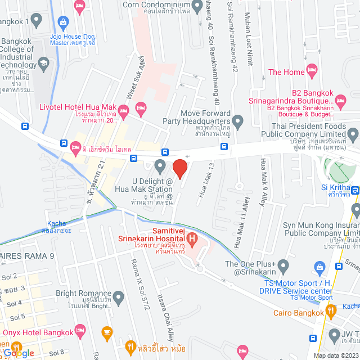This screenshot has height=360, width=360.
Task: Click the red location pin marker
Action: point(179,168)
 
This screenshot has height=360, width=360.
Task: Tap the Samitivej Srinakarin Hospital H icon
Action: point(192,241)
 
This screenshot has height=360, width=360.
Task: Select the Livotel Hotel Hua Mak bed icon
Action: point(141,107)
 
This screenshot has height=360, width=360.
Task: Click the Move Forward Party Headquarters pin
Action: point(238,120)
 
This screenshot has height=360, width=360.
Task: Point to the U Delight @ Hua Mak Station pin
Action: point(160,165)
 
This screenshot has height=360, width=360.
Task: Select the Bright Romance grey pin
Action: point(118,296)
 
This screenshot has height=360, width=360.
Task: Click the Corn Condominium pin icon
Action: point(197,6)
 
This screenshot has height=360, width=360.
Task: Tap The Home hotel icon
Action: point(312,71)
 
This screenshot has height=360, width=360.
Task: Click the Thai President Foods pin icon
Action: point(353,134)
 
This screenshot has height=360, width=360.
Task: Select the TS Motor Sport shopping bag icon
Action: point(319,267)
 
